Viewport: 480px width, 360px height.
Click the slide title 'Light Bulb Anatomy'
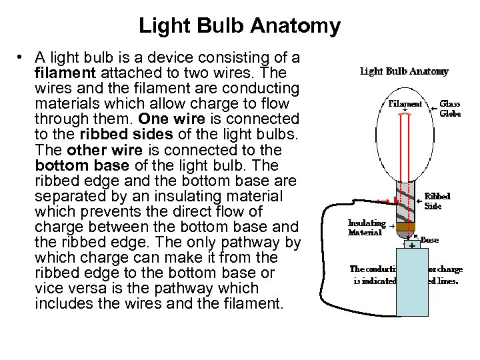pos(239,26)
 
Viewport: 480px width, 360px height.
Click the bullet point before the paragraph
pos(21,58)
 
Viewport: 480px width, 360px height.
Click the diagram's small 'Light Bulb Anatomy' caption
pos(404,71)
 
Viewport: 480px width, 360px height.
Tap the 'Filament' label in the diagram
pos(405,103)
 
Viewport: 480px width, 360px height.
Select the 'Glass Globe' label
pos(450,108)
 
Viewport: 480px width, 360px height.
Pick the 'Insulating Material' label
pos(367,227)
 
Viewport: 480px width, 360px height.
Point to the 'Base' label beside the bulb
pos(429,239)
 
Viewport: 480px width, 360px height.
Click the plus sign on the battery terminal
pos(412,246)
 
